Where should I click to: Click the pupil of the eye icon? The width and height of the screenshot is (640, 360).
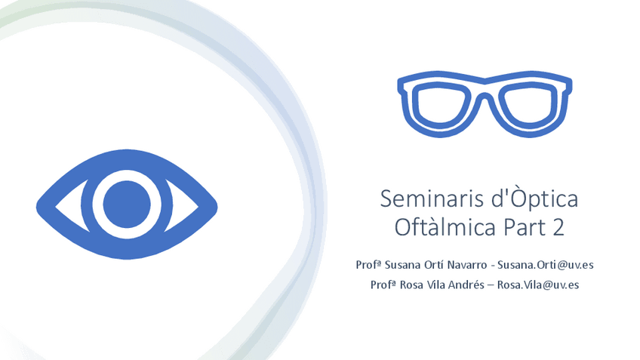[127, 204]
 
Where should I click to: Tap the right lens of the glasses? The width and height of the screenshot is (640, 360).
[529, 106]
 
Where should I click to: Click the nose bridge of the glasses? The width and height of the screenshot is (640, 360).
[485, 97]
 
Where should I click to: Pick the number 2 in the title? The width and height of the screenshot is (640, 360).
[558, 227]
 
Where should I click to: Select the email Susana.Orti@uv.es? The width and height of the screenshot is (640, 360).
[546, 265]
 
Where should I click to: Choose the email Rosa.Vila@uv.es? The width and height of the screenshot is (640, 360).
[538, 285]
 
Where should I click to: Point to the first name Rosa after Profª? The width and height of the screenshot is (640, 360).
[411, 285]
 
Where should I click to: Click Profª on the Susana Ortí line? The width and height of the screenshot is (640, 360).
[368, 265]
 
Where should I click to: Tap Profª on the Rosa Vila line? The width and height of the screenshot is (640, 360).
[383, 285]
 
